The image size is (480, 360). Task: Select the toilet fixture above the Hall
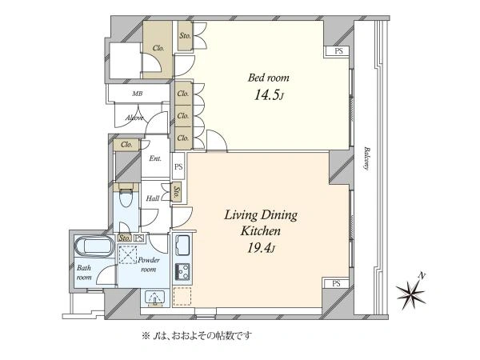(x=124, y=194)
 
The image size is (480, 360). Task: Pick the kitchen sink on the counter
(x=182, y=244)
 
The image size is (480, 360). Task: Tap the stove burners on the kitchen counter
(x=182, y=270)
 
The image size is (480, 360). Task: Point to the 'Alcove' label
(x=134, y=118)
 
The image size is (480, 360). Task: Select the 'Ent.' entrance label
(x=155, y=158)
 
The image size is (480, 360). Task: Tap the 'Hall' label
(x=152, y=198)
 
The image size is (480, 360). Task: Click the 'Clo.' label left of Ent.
(x=126, y=144)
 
